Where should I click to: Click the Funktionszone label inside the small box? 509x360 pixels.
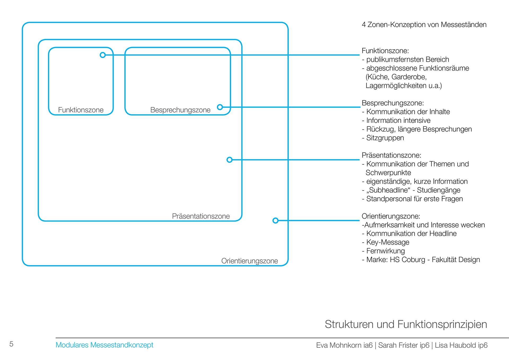81,110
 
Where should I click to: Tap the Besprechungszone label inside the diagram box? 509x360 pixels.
180,110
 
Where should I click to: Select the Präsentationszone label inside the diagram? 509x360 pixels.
201,216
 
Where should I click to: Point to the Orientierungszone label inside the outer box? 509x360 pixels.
249,261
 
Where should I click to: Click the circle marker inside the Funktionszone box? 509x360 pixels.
103,55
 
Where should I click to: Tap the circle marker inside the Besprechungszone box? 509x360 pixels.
220,107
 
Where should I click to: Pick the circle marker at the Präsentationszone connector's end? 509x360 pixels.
230,160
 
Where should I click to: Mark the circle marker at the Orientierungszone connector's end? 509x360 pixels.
275,220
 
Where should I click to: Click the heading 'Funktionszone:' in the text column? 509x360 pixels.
385,51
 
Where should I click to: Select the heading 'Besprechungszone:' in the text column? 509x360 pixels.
393,103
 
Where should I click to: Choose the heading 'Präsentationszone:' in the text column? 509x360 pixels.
391,155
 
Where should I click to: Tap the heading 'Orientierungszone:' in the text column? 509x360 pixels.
391,216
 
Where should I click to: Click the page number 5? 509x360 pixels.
11,344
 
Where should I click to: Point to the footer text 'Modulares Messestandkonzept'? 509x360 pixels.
104,345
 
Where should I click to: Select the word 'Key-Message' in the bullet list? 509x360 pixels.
388,242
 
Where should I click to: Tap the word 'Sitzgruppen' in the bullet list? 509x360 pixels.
385,138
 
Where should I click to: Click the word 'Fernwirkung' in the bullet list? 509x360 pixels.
385,251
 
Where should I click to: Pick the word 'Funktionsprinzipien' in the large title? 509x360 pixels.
442,324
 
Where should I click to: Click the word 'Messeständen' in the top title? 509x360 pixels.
464,25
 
